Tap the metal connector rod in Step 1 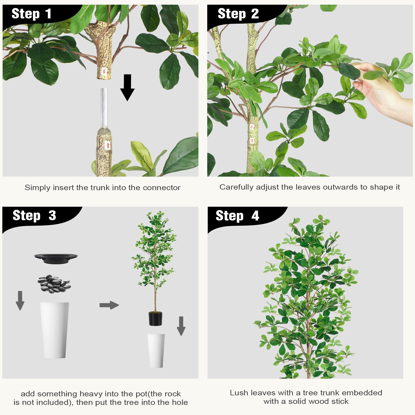[104, 108]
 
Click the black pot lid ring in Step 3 [56, 258]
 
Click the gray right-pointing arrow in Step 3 [109, 305]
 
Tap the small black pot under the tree [155, 319]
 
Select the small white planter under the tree [156, 350]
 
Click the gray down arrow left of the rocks [20, 300]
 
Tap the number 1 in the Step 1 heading [48, 14]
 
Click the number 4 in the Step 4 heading [255, 216]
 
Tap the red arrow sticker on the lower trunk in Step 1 [108, 145]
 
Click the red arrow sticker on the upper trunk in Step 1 [104, 71]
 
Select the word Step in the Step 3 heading [26, 216]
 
